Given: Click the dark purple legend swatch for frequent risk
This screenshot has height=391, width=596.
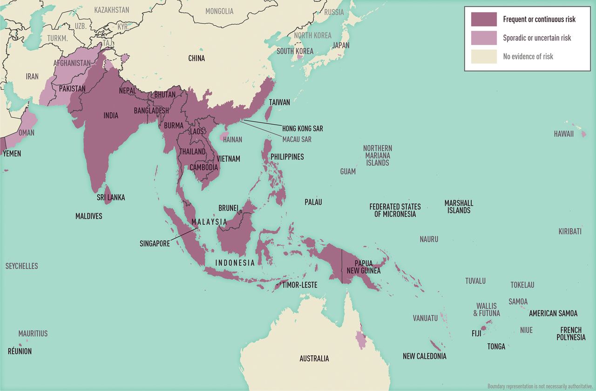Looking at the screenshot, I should tap(484, 19).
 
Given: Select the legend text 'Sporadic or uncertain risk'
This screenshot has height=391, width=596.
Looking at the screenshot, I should tap(537, 38).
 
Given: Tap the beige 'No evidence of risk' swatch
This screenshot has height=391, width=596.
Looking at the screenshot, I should tap(484, 56).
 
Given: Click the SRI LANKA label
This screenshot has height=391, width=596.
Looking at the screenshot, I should tap(110, 197).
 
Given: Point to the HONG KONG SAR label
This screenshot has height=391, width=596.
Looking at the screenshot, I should tap(302, 128).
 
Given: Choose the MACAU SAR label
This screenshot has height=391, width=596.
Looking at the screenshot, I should tap(297, 139).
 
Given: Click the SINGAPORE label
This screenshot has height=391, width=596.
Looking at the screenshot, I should tap(155, 243).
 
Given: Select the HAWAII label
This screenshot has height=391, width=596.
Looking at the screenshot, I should tap(563, 134).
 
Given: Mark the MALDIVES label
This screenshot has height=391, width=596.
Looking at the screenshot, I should tap(88, 216).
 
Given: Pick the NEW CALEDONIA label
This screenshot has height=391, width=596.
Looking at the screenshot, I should tap(424, 356).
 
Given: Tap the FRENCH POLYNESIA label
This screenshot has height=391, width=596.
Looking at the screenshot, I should tap(571, 334).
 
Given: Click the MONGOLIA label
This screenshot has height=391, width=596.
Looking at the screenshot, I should tap(219, 11).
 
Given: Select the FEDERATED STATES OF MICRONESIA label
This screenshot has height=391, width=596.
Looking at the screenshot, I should tap(395, 210).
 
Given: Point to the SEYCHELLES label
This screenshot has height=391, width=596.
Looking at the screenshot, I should tap(21, 266).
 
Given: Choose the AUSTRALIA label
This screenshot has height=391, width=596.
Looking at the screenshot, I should tap(314, 358).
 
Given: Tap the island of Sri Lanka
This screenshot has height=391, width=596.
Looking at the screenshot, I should tap(107, 194).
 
